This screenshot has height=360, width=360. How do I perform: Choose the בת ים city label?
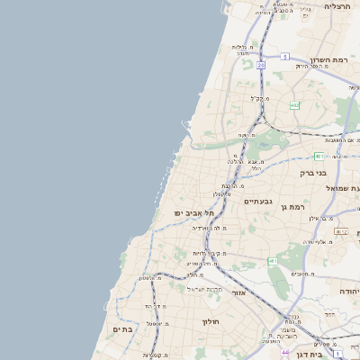pos(122,329)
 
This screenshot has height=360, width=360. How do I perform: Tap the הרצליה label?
pos(337,6)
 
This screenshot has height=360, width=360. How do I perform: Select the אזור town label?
pos(238,292)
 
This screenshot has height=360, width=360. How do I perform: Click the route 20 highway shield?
pos(260,66)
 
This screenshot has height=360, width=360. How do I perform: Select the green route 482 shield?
pos(294,105)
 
